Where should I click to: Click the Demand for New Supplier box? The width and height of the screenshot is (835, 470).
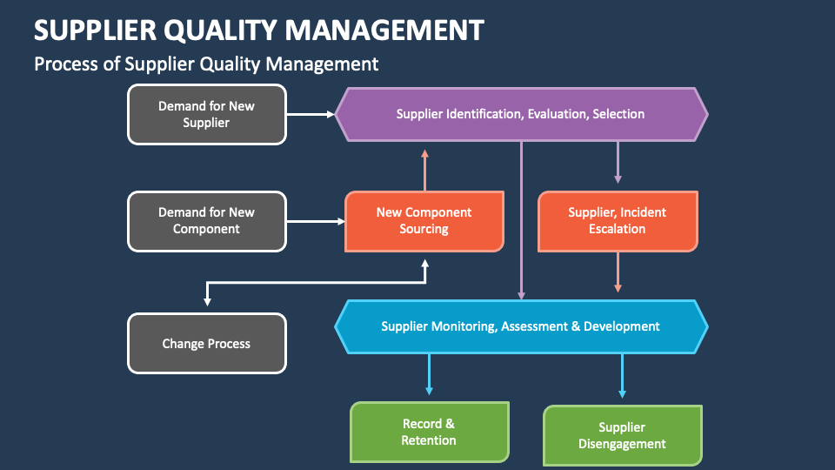click(207, 114)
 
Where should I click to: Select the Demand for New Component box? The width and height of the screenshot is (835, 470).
click(207, 221)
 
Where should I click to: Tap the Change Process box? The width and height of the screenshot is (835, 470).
click(207, 343)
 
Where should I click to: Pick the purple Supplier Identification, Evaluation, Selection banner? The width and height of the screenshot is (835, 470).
click(521, 114)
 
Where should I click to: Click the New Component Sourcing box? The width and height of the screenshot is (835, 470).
click(424, 221)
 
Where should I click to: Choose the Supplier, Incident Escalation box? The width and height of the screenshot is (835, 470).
click(618, 221)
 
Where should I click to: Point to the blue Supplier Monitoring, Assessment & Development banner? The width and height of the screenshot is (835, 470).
click(521, 326)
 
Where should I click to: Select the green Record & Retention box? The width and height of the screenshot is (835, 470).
click(429, 433)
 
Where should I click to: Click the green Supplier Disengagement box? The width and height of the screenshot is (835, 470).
click(623, 436)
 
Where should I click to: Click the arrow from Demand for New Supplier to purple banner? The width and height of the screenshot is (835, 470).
click(311, 114)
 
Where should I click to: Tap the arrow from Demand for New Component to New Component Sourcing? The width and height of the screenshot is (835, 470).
click(316, 221)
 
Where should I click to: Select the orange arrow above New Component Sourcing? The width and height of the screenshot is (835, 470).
click(425, 170)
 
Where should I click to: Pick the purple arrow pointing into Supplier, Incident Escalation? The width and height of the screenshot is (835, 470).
click(618, 163)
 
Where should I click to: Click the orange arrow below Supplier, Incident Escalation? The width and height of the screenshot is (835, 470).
click(618, 272)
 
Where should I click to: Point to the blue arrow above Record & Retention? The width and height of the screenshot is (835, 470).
click(429, 374)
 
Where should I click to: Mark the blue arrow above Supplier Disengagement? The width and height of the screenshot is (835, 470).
click(622, 376)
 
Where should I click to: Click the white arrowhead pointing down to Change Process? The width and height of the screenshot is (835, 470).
click(207, 302)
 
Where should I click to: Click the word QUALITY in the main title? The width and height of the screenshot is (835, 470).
click(220, 30)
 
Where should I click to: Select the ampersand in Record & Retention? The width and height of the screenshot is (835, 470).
click(450, 424)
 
